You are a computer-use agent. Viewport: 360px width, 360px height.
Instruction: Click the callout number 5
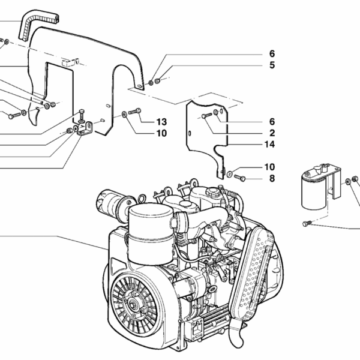coord(272,65)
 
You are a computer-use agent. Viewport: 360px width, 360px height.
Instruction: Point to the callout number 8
coord(272,178)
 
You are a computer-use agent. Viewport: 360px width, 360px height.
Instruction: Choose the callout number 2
coord(272,133)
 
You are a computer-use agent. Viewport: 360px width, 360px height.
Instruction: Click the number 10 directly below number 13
coord(161,133)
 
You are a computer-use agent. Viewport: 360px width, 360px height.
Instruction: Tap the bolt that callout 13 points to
coord(134,111)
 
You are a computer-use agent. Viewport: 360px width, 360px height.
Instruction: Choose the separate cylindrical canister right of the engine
coord(314,191)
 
